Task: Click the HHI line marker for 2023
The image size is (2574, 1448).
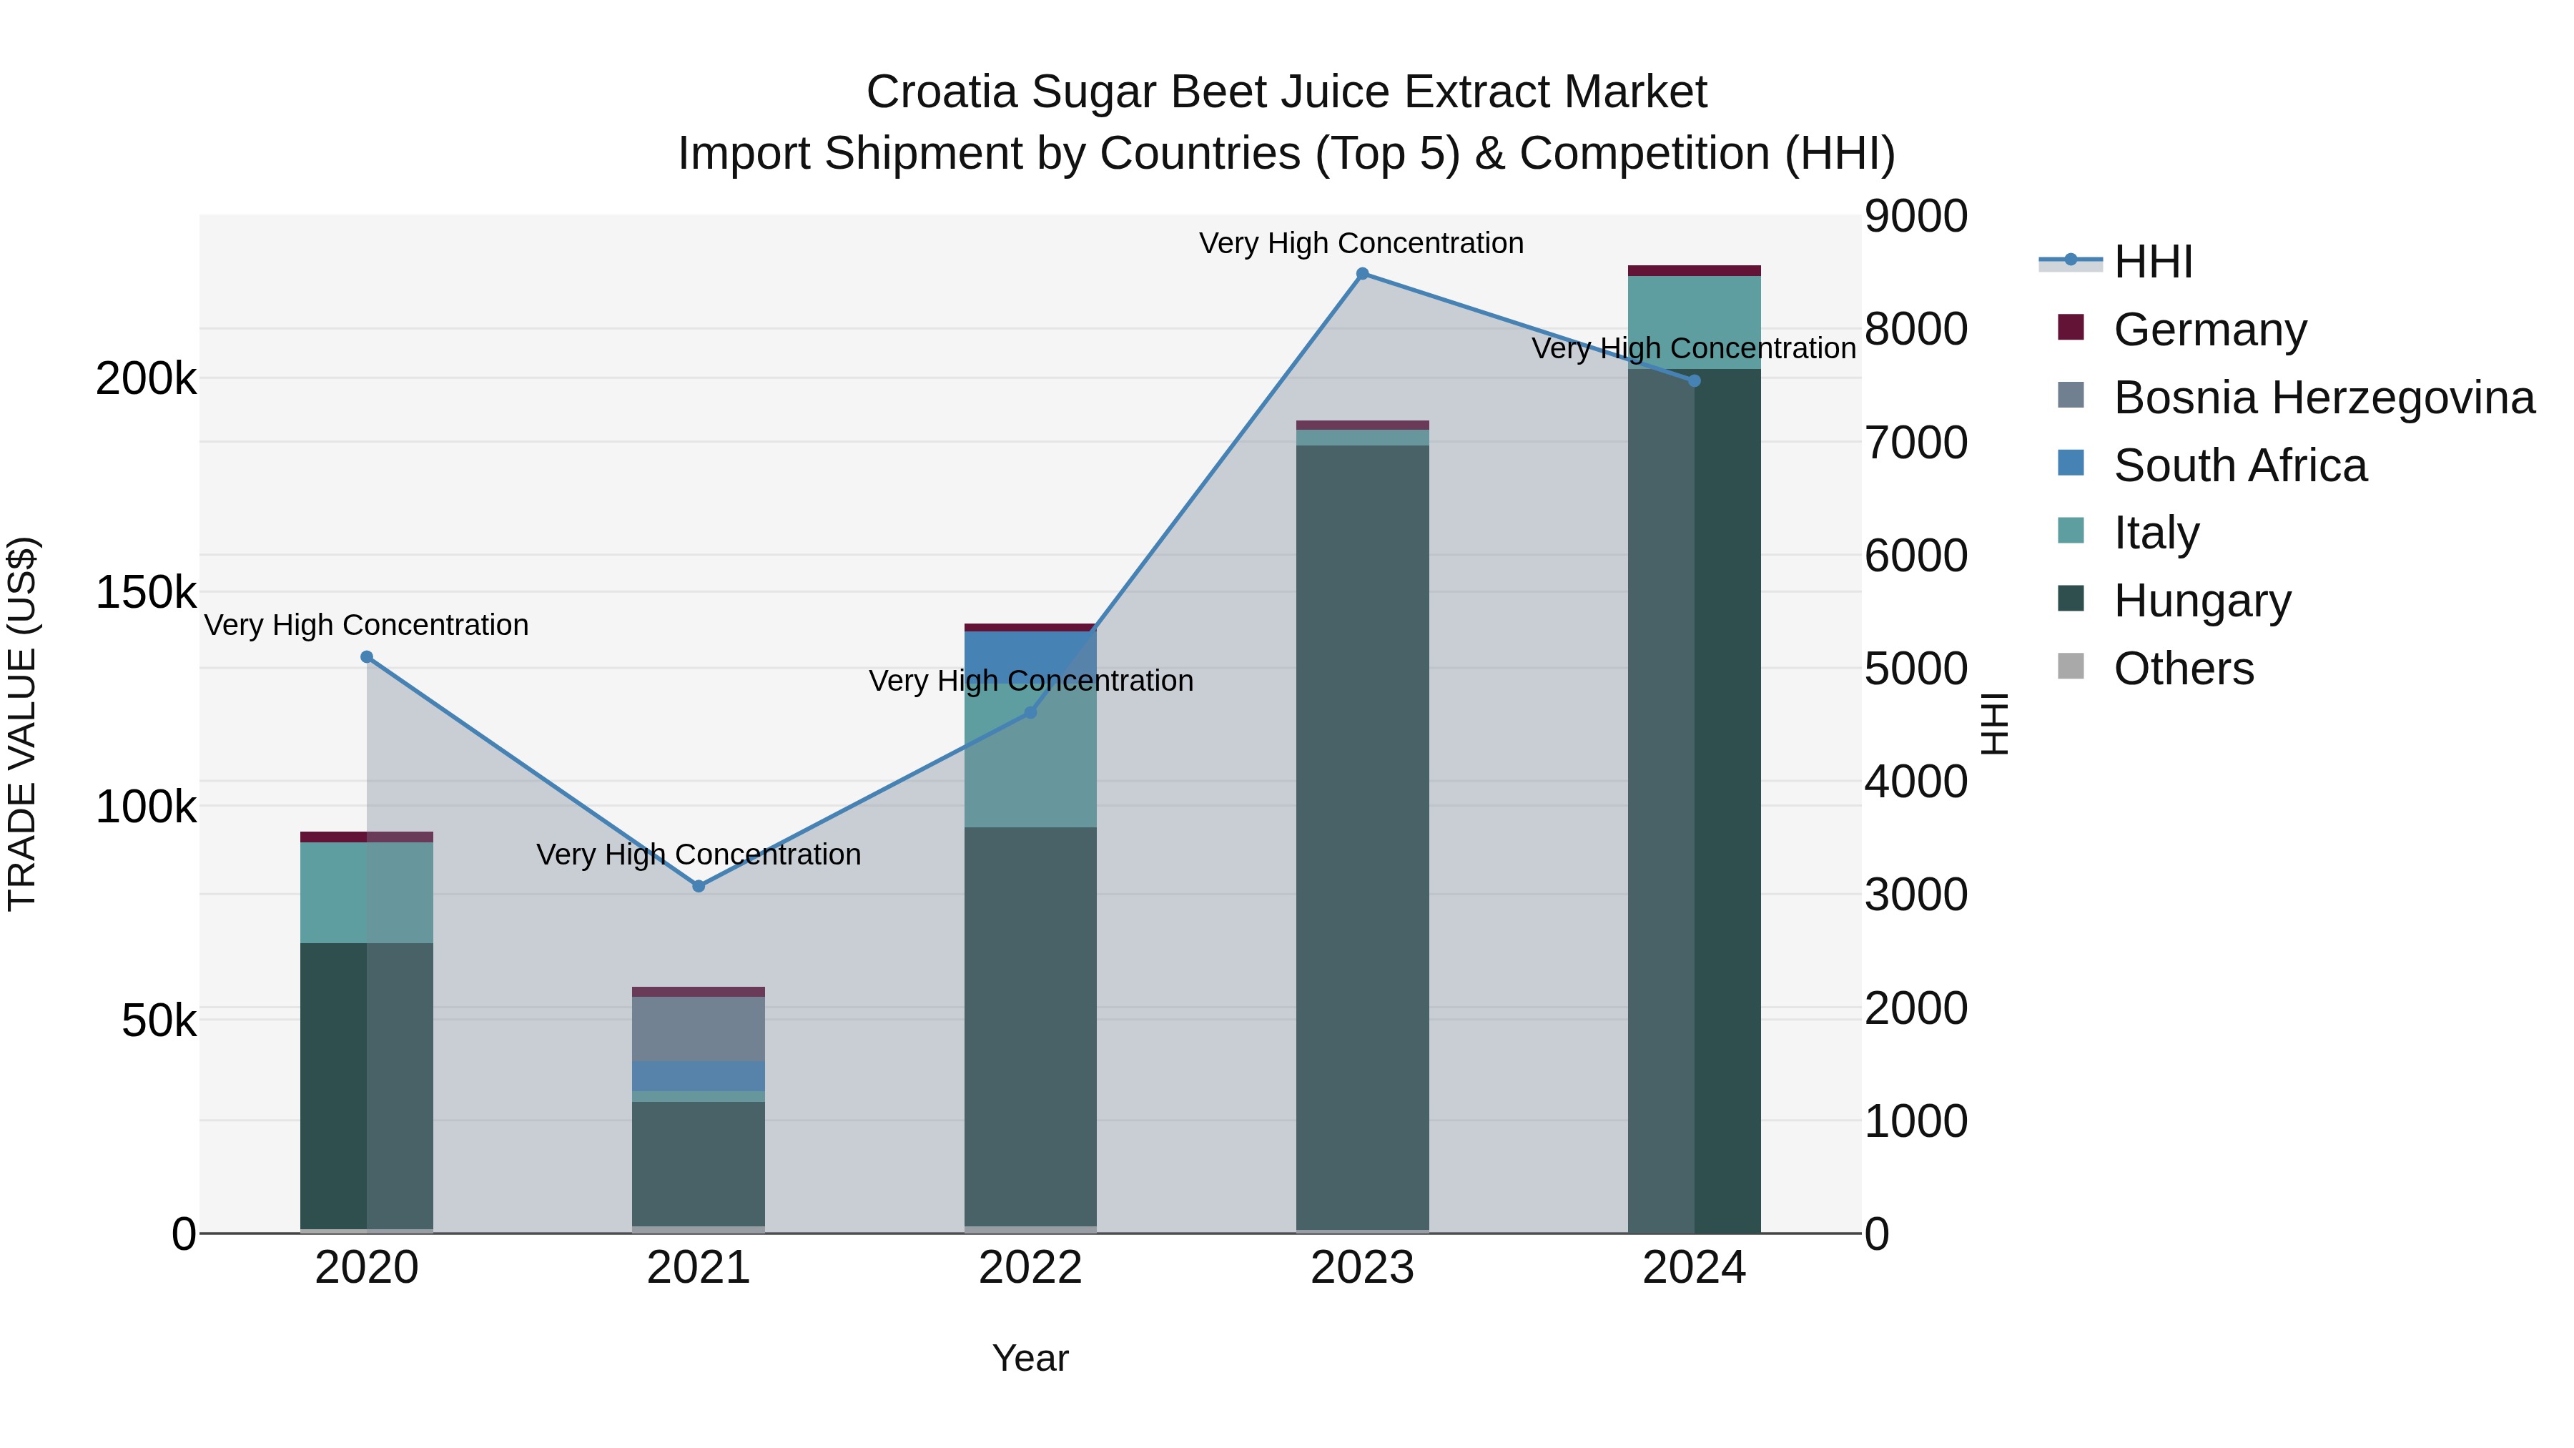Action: coord(1362,274)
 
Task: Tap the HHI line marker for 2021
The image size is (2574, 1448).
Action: coord(699,887)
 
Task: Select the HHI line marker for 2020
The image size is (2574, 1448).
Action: coord(367,656)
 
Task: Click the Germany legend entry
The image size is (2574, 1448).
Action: coord(2209,330)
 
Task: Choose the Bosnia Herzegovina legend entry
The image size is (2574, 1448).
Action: coord(2323,398)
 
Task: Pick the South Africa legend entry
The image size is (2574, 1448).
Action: coord(2239,466)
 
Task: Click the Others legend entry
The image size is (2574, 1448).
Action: coord(2184,669)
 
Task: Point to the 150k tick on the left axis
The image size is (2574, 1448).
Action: coord(146,593)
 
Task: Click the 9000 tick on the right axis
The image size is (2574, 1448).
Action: coord(1915,217)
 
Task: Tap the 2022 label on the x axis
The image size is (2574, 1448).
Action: coord(1030,1268)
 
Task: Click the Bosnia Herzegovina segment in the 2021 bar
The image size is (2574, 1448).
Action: coord(699,1028)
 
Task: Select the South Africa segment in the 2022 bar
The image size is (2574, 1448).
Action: coord(1030,654)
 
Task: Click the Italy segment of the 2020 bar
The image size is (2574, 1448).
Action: coord(367,892)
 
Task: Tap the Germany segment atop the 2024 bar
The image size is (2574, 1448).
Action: coord(1694,271)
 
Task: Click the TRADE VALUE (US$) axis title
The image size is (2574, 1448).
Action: coord(22,724)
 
